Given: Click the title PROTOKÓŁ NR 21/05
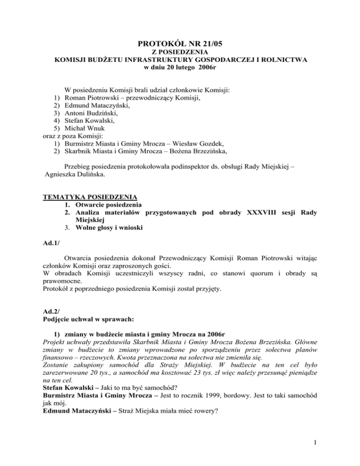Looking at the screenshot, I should pyautogui.click(x=180, y=45).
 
